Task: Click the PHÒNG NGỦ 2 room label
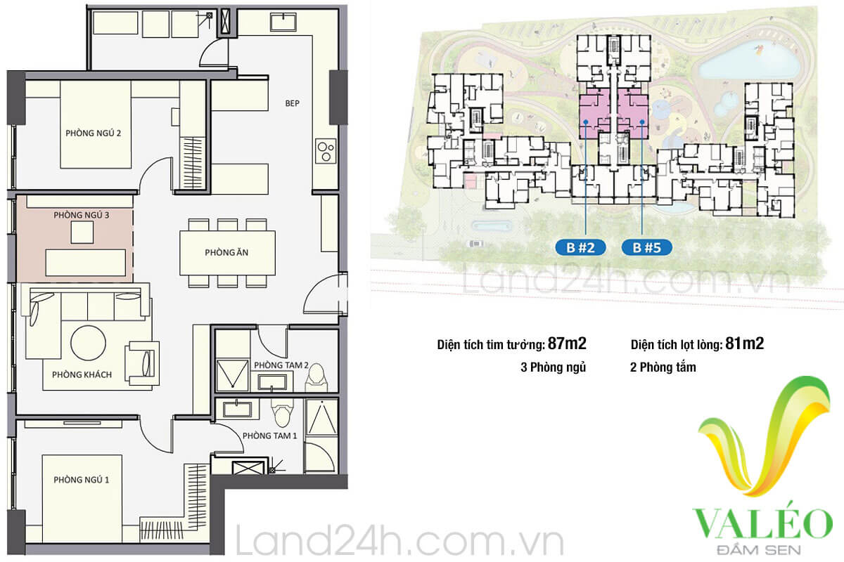tap(94, 133)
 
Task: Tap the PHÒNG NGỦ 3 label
tap(82, 215)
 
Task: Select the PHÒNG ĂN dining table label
tap(226, 253)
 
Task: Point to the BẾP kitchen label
tap(293, 103)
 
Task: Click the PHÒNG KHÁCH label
tap(82, 374)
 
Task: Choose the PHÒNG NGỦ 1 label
tap(82, 480)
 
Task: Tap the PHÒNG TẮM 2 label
tap(281, 365)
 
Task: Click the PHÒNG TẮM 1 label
tap(270, 436)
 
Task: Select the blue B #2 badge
tap(580, 247)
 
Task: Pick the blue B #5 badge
tap(646, 247)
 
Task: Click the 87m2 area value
tap(567, 344)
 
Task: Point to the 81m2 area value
tap(745, 344)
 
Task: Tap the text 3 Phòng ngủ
tap(553, 367)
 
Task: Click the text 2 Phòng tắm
tap(663, 367)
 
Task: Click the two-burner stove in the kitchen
tap(326, 151)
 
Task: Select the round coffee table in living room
tap(88, 343)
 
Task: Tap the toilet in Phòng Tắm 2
tap(316, 375)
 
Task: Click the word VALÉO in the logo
tap(762, 525)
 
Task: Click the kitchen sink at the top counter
tap(283, 22)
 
